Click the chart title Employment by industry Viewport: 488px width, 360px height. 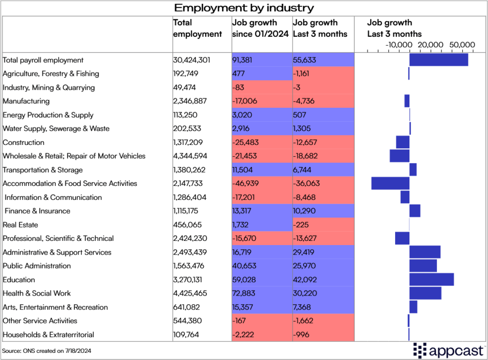[244, 8]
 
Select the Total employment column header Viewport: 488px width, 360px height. [197, 28]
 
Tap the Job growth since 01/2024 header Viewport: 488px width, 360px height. [261, 28]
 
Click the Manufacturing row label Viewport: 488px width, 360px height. [26, 101]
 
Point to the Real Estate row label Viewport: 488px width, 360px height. [20, 225]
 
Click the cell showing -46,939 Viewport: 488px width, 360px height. [246, 184]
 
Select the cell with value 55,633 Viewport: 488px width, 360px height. [305, 60]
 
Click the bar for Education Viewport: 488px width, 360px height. [431, 279]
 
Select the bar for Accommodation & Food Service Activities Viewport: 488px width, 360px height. [390, 184]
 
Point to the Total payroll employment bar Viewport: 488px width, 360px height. [438, 60]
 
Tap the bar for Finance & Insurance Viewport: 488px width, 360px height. [415, 211]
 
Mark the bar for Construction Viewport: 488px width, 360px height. [403, 142]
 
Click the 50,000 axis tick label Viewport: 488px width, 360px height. [462, 44]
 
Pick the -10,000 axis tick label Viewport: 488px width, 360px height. [398, 44]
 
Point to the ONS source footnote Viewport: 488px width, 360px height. [47, 350]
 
